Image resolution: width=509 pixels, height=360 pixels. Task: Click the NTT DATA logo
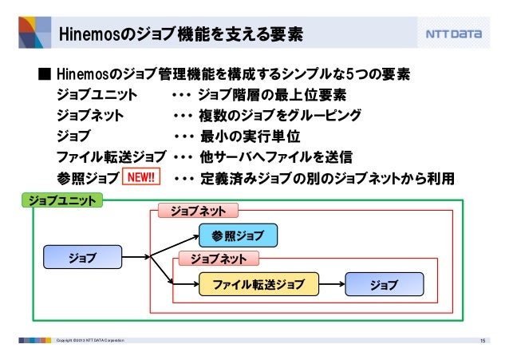pyautogui.click(x=452, y=35)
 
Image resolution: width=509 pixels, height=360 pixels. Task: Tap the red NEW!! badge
pyautogui.click(x=141, y=176)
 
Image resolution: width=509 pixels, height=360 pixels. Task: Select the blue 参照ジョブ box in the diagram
pyautogui.click(x=238, y=235)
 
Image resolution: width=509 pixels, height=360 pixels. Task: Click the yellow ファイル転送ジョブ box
pyautogui.click(x=258, y=284)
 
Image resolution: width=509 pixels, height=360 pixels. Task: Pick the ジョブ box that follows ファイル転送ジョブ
pyautogui.click(x=385, y=284)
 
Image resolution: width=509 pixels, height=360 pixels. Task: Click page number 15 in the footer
pyautogui.click(x=482, y=342)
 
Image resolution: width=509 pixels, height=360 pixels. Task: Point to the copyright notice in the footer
pyautogui.click(x=88, y=342)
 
